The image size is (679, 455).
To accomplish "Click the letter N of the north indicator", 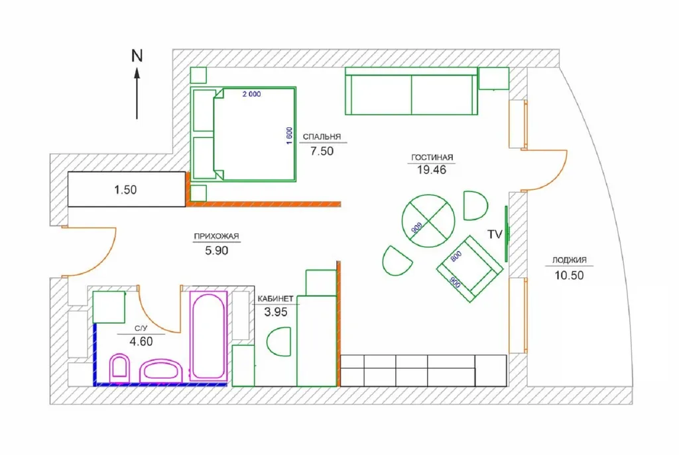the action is pos(137,56).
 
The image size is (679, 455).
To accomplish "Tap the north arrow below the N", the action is pos(137,92).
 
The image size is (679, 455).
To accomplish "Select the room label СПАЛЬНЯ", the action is pos(322,136).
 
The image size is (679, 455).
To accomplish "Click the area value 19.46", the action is pos(431,170).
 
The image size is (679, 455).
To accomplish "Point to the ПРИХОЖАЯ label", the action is pos(216,236).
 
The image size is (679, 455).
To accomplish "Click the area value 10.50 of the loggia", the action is pos(569,275).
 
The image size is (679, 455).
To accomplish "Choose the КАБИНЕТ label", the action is pos(275,299).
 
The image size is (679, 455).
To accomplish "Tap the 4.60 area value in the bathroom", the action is pos(141,341).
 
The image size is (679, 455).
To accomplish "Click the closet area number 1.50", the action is pos(125,189).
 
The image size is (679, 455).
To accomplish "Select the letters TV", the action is pos(495,234).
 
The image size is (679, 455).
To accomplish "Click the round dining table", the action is pos(428,221).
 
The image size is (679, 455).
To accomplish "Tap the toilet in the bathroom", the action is pos(119,368).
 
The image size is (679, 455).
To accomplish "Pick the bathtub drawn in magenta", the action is pos(208,336).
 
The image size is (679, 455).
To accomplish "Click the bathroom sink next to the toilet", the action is pos(160,371).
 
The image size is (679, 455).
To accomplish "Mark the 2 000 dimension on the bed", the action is pos(251,94).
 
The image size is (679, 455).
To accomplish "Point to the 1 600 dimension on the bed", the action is pos(289,135).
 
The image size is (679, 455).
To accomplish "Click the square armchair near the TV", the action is pos(470,269).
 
